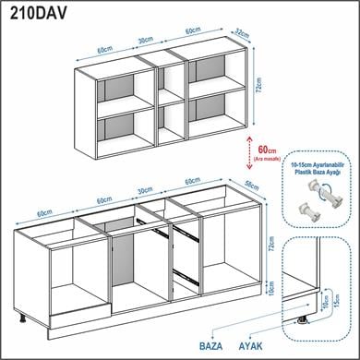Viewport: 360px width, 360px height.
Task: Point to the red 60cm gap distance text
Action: tap(267, 148)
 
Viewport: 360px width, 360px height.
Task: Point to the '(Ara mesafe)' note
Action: tap(269, 158)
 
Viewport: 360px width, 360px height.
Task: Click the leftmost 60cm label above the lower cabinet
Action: tap(44, 212)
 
